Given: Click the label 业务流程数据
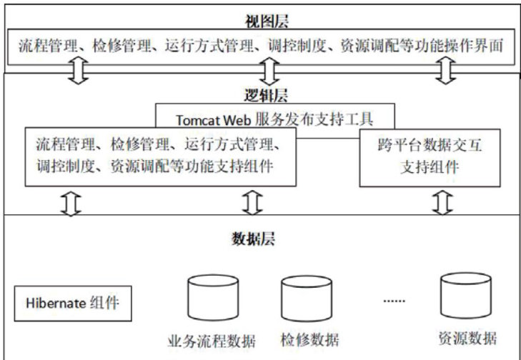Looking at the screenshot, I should coord(212,339).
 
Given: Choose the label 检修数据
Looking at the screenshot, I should coord(309,339).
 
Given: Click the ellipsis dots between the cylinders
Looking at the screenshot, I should coord(395,300).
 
